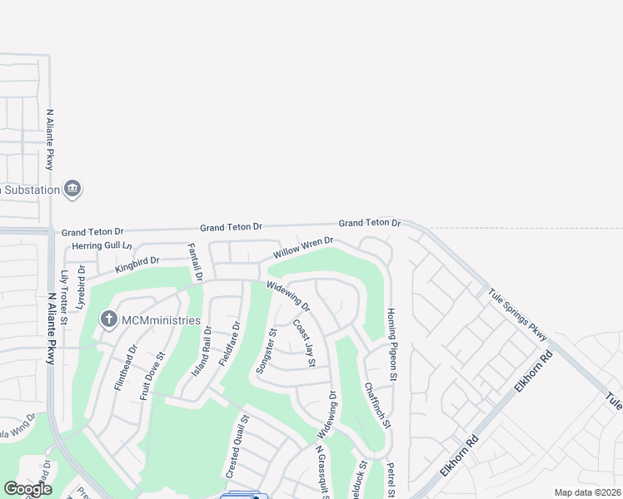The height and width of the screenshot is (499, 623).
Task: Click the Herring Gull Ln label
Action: [x=102, y=245]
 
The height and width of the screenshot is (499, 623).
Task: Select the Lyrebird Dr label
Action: [x=81, y=287]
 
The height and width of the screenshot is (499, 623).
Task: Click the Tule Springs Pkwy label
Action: [x=517, y=314]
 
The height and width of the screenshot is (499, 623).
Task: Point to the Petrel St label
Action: [x=391, y=477]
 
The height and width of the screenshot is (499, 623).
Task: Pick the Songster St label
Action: [x=267, y=350]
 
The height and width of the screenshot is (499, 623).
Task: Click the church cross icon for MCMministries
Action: [x=107, y=319]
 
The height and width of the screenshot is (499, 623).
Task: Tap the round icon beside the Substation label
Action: [x=73, y=189]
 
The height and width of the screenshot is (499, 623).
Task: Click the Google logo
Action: [x=27, y=488]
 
